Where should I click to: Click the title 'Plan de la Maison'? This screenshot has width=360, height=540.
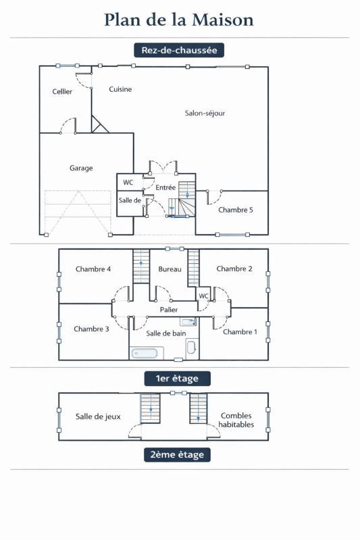(x=179, y=20)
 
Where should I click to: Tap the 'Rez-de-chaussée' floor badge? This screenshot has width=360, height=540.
(x=179, y=50)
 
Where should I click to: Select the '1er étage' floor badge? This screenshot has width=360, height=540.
(x=177, y=378)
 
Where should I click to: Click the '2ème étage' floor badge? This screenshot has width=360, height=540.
(x=177, y=454)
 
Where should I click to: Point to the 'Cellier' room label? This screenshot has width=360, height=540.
(x=62, y=92)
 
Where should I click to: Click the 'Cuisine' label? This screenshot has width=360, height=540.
(x=120, y=89)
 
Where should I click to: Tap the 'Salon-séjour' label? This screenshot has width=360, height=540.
(x=205, y=113)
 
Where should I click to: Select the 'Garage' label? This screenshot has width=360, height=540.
(x=81, y=168)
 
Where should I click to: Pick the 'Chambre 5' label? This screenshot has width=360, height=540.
(x=236, y=210)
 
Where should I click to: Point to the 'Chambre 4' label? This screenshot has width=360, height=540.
(x=93, y=269)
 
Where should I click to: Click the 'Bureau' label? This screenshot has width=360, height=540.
(x=170, y=269)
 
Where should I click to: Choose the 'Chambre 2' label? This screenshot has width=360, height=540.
(x=234, y=269)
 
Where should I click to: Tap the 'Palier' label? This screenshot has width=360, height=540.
(x=169, y=309)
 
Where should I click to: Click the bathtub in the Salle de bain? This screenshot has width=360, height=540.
(x=146, y=352)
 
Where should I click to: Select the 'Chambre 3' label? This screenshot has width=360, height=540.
(x=91, y=329)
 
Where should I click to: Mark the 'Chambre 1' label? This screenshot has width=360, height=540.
(x=240, y=332)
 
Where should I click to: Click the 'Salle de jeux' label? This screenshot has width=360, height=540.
(x=98, y=416)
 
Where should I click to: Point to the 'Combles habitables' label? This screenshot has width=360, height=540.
(x=237, y=421)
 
